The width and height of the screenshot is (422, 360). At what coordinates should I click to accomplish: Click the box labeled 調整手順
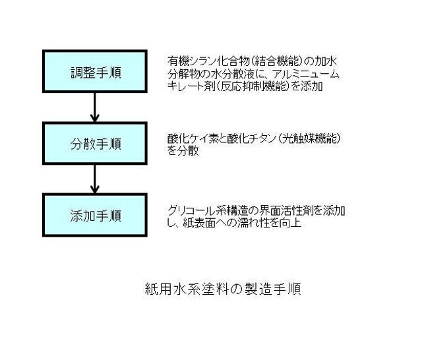(95, 72)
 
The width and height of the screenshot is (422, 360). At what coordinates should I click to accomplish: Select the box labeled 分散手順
(95, 143)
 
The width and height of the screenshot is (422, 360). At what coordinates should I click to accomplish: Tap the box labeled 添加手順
(95, 215)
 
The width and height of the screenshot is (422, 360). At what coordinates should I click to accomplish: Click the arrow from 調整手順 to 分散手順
(95, 107)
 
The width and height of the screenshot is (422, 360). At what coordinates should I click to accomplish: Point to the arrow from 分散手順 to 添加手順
(95, 179)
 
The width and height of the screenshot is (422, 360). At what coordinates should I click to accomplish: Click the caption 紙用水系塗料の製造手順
(223, 289)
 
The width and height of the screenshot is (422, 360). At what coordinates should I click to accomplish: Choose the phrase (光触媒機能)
(309, 138)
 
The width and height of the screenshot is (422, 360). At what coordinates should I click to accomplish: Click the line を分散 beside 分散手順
(183, 151)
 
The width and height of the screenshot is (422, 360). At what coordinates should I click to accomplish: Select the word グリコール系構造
(207, 210)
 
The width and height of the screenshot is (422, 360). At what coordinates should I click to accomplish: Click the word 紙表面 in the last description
(199, 223)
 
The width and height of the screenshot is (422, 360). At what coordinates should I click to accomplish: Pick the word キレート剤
(191, 86)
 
